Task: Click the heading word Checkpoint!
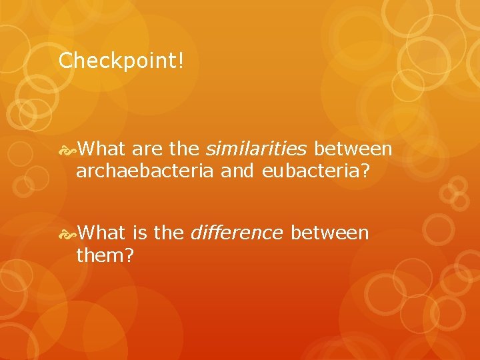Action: click(120, 62)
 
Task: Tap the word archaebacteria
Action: click(144, 171)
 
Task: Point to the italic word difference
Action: click(237, 233)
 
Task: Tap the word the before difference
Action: click(169, 233)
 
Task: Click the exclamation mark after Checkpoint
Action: click(179, 62)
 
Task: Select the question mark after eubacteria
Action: click(365, 171)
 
